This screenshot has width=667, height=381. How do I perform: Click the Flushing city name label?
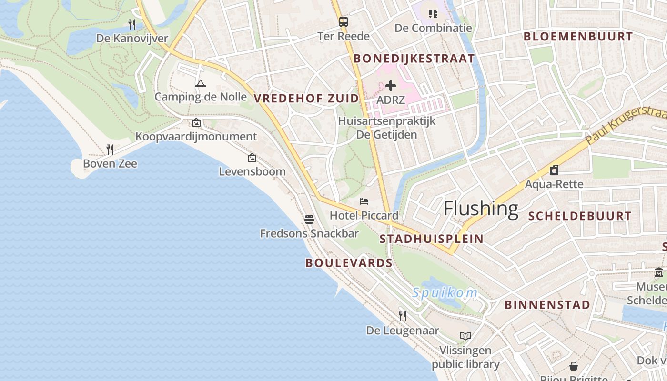pos(481,209)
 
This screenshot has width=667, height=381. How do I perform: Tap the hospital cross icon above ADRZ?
pos(391,86)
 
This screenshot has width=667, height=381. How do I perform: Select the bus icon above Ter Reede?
pos(343,21)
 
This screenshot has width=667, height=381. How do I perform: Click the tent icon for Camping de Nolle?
pos(201,83)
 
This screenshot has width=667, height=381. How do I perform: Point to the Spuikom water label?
pos(445,292)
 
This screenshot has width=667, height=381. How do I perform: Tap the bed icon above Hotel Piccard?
pos(364,201)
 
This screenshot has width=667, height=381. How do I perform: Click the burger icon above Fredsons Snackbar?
pos(309,220)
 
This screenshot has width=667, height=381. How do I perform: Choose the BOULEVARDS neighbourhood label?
pos(349,263)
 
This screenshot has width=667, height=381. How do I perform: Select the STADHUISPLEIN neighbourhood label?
pos(431,239)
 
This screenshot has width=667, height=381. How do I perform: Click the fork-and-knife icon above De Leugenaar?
pos(403,316)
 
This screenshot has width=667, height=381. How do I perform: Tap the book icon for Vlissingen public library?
pos(465,336)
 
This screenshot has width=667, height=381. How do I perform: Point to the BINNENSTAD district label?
pos(547,305)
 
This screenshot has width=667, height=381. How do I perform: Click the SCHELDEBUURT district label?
pos(580,216)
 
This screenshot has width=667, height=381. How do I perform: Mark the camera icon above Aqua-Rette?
pos(554,170)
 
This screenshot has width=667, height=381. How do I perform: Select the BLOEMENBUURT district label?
pos(578,36)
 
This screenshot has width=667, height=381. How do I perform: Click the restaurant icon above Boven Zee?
pos(110,150)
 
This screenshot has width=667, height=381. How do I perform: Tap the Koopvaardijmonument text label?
pos(196,137)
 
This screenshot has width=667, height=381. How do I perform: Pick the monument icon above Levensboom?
pos(252,158)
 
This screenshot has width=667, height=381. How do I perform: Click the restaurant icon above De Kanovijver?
pos(132,24)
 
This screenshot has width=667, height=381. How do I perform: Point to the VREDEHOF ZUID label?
pos(306,99)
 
